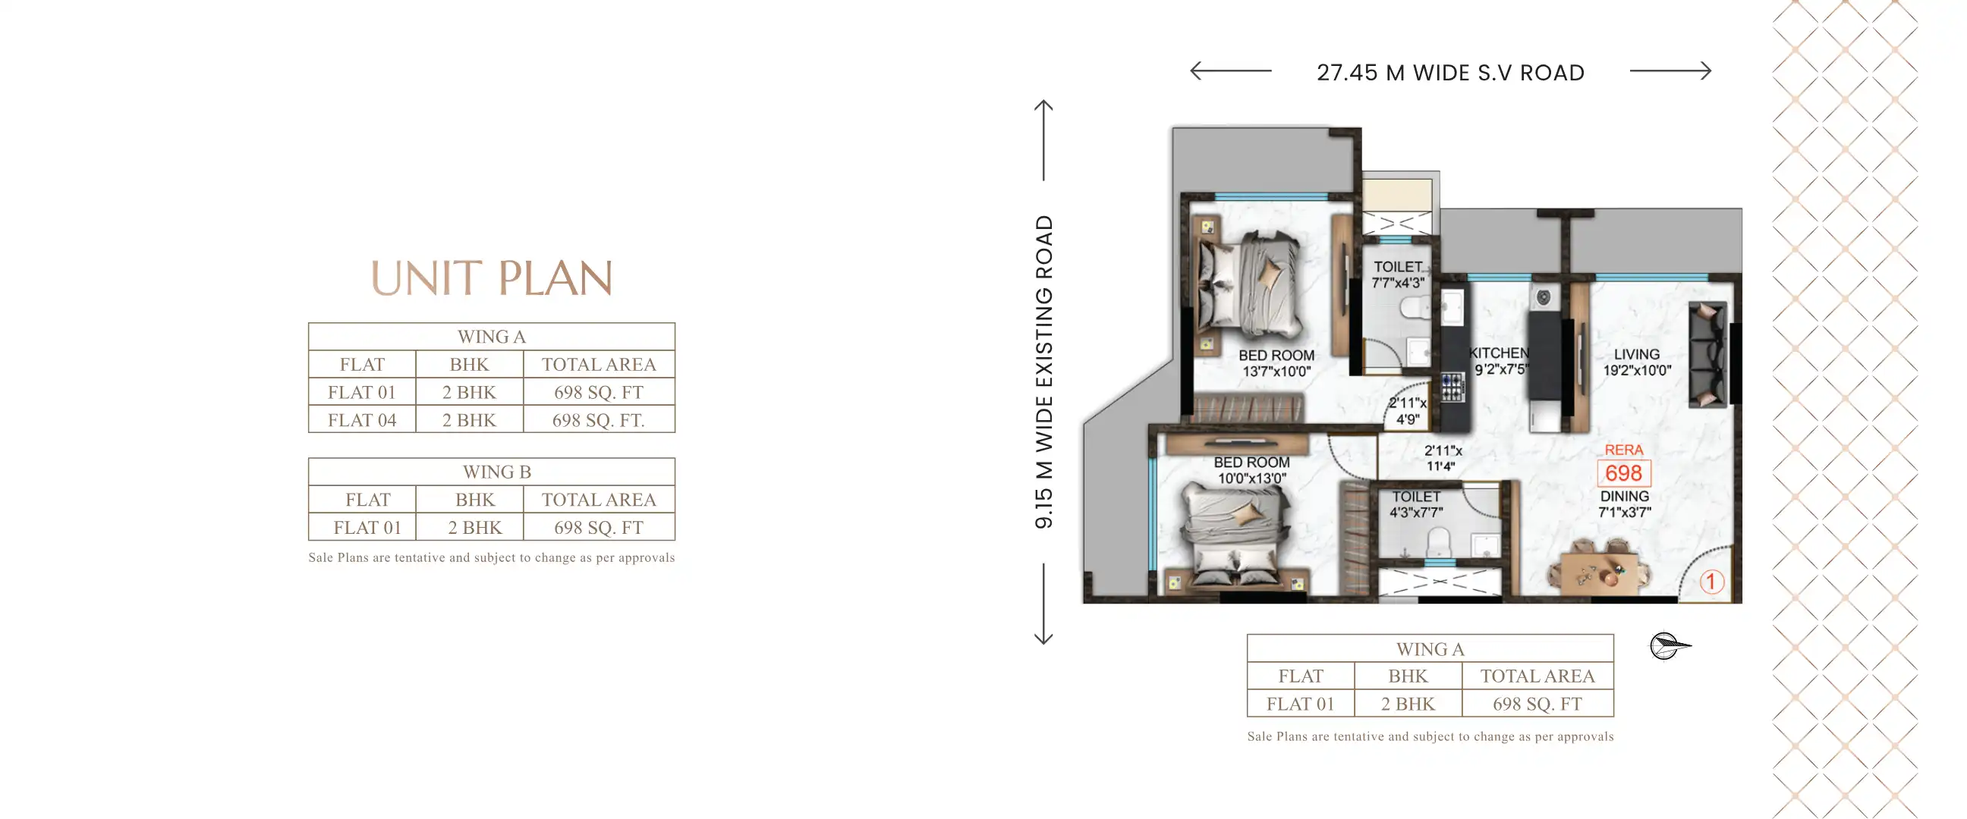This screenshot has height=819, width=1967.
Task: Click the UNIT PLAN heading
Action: point(492,278)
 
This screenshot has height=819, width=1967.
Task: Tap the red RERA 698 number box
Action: point(1623,473)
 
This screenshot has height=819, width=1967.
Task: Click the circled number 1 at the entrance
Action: point(1711,582)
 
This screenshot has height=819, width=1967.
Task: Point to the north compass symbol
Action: point(1670,646)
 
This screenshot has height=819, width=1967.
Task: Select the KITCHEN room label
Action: point(1500,361)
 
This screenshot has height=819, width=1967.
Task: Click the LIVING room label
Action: point(1636,362)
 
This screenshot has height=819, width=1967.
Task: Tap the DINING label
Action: point(1624,504)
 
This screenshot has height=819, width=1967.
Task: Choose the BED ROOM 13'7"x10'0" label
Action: point(1276,363)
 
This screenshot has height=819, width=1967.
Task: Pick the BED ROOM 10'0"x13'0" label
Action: point(1251,470)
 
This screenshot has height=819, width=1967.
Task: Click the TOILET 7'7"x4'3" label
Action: point(1397,275)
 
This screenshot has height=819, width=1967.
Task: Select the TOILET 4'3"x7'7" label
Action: point(1416,504)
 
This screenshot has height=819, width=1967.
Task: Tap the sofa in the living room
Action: point(1707,354)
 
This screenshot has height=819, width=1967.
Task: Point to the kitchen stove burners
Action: point(1452,387)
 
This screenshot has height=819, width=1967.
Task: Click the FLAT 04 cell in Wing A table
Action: point(362,420)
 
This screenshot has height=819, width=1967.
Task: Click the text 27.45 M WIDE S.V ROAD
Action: point(1450,73)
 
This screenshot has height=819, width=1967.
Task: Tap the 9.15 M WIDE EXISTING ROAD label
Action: point(1043,372)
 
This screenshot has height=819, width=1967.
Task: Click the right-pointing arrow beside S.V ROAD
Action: point(1671,71)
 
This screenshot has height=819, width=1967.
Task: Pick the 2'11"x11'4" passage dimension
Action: point(1442,459)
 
